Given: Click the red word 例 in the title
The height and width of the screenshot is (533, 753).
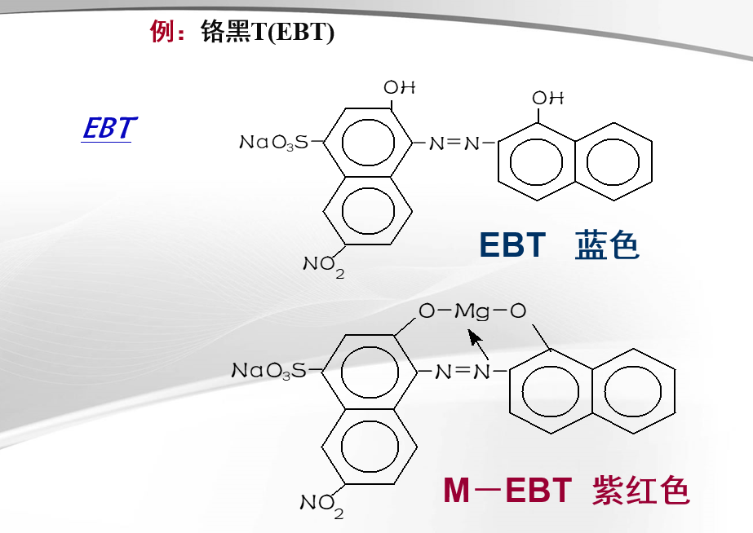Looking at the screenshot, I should click(x=161, y=32).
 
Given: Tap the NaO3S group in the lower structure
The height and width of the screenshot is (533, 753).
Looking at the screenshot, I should click(x=270, y=372).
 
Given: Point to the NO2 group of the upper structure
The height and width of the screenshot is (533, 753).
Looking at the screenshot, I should click(x=324, y=266).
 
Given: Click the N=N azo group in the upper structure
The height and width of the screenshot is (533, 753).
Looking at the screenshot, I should click(x=454, y=143).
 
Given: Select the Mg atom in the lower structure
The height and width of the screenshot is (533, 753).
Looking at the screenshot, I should click(x=471, y=311).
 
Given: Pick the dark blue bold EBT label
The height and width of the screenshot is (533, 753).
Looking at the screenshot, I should click(x=512, y=244).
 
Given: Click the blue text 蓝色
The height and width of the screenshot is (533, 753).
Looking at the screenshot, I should click(x=607, y=244).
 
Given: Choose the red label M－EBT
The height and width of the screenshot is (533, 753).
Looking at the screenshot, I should click(x=507, y=491).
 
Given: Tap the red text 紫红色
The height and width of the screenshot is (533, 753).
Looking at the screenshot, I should click(x=641, y=491).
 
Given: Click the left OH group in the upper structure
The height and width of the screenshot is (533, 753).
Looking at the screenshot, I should click(x=400, y=87).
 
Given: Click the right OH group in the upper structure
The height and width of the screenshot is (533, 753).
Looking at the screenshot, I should click(x=548, y=98).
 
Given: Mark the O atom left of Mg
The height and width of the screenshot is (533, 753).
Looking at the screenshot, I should click(x=426, y=311).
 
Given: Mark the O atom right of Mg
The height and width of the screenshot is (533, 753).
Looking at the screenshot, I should click(x=518, y=311).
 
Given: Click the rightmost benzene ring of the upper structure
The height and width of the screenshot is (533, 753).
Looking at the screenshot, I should click(x=617, y=160).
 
